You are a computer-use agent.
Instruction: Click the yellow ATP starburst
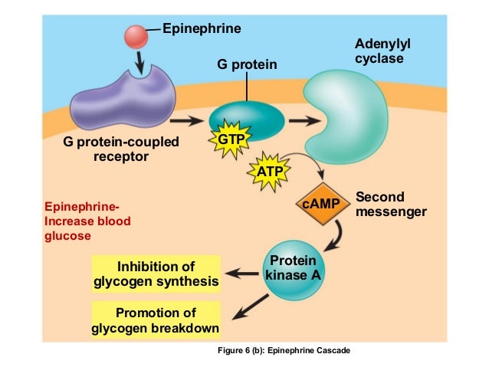click(x=270, y=171)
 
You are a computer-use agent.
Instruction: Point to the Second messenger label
click(x=390, y=204)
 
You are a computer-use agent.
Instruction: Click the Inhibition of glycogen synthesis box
click(x=156, y=274)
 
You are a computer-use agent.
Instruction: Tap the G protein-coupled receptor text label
click(x=120, y=149)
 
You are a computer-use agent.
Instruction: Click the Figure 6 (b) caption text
click(x=284, y=350)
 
